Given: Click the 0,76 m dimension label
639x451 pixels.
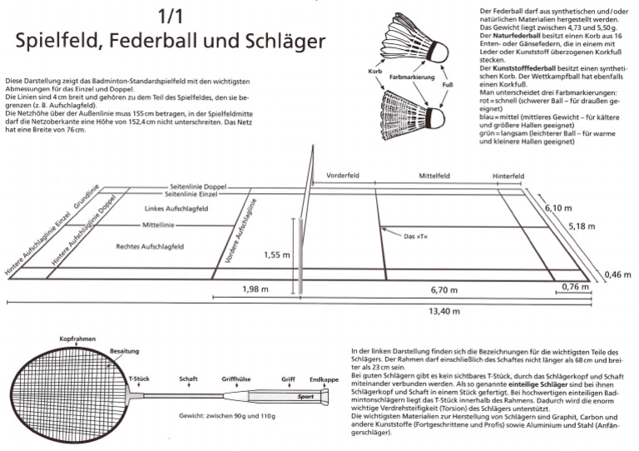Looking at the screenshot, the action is pyautogui.click(x=575, y=287).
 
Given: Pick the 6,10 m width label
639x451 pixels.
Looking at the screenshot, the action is pyautogui.click(x=558, y=208).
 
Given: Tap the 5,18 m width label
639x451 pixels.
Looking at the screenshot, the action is pyautogui.click(x=582, y=226).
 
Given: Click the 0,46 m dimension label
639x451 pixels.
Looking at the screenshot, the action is pyautogui.click(x=617, y=275).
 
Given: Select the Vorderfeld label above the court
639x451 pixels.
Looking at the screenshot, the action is pyautogui.click(x=341, y=176).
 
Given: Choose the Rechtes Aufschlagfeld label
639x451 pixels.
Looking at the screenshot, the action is pyautogui.click(x=150, y=246).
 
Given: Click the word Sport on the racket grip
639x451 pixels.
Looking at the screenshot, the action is pyautogui.click(x=310, y=397).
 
